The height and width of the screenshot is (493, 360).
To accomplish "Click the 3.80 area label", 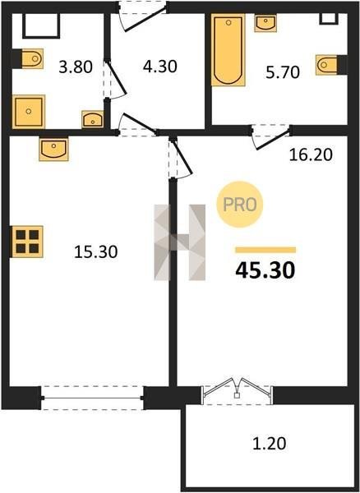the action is (x=76, y=67).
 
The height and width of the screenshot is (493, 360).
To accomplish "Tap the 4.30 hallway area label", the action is (x=159, y=67).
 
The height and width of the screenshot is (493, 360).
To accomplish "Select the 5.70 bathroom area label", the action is (x=283, y=72).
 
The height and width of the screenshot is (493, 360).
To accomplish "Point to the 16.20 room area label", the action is (x=311, y=154).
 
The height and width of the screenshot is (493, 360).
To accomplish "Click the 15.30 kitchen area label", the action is (x=96, y=252).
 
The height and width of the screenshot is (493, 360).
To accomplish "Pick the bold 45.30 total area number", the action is (x=265, y=270).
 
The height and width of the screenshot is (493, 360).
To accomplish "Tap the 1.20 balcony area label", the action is (x=270, y=444).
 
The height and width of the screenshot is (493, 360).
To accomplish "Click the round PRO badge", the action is (x=239, y=205).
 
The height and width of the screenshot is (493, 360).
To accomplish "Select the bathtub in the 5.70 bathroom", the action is (x=228, y=49).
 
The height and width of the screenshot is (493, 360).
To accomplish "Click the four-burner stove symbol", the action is (x=27, y=242).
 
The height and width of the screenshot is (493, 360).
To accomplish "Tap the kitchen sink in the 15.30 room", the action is (x=53, y=150).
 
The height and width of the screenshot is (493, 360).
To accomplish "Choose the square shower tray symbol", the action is (x=29, y=112).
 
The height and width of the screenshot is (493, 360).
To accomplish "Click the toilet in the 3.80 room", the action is (x=31, y=58).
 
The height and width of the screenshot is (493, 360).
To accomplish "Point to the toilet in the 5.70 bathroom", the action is (x=327, y=65).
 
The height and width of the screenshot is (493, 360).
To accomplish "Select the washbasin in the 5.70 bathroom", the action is (x=265, y=23).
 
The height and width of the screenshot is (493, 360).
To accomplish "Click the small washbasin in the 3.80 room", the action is (x=92, y=119).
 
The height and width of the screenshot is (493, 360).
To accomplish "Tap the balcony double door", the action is (x=237, y=389).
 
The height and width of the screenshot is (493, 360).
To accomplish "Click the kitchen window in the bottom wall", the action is (x=92, y=398).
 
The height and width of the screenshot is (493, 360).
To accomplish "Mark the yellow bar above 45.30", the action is (x=265, y=250).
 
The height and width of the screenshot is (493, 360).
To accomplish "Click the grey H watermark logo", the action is (x=179, y=242).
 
